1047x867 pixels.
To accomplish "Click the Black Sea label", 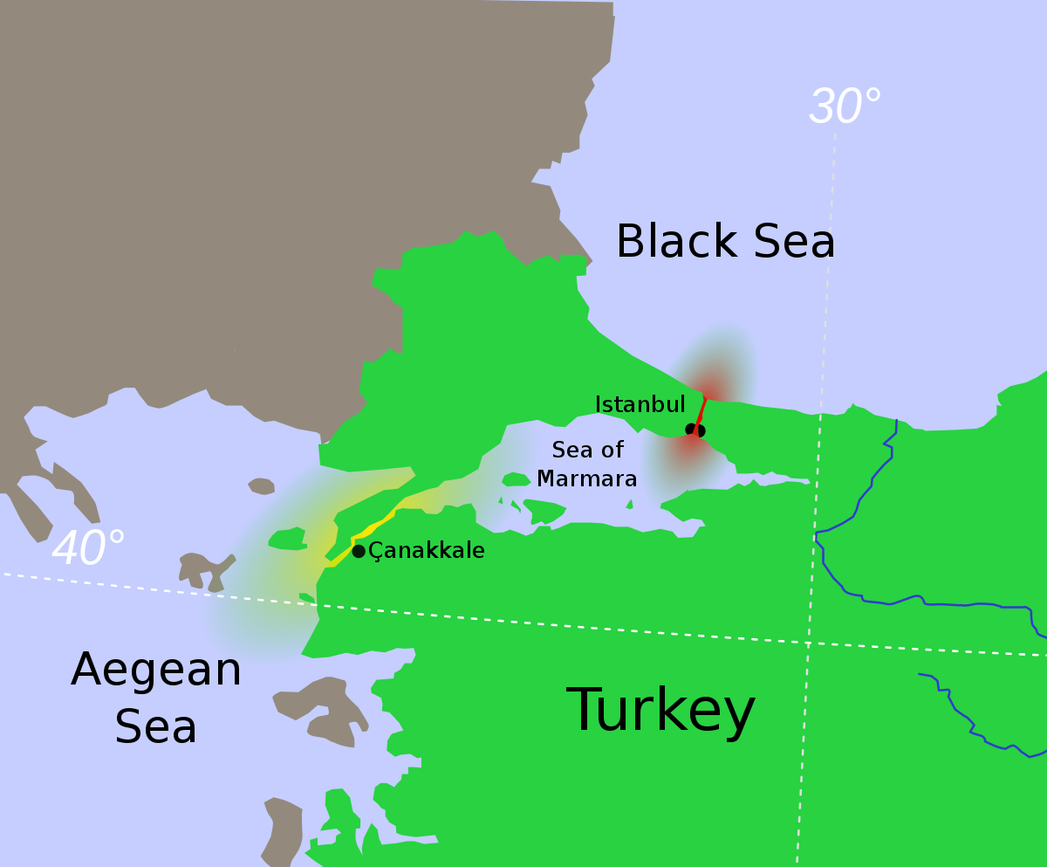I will (725, 242).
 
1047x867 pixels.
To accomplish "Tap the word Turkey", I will (660, 710).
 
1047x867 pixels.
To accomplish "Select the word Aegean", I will (156, 671).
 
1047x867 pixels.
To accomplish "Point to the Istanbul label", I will (640, 404).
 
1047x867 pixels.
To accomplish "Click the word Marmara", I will (586, 478).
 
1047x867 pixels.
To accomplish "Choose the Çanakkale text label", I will (426, 551).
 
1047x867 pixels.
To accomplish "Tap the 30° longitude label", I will (844, 107).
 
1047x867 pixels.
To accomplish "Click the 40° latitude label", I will (88, 548).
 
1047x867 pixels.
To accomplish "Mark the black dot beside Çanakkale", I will (359, 551).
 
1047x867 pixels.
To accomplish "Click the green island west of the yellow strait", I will (287, 539).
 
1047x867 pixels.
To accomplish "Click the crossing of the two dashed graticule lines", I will (808, 643).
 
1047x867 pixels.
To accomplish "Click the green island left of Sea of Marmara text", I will (516, 479).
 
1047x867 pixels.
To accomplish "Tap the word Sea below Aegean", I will (156, 727).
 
